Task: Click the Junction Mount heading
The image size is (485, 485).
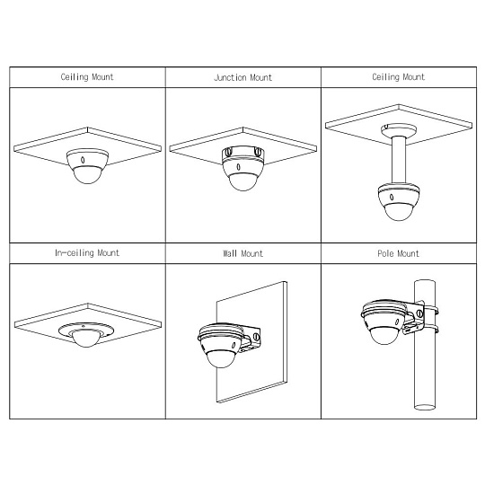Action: click(x=242, y=77)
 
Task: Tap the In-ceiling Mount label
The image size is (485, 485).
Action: click(x=87, y=253)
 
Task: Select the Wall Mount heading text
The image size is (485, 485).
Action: click(x=242, y=253)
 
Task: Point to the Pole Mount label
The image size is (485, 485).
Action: click(x=399, y=253)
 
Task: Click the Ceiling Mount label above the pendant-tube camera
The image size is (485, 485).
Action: click(x=399, y=77)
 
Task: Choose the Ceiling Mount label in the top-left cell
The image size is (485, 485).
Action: click(x=87, y=77)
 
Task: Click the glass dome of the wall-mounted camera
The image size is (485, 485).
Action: click(x=222, y=358)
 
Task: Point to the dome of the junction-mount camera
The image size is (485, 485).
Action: click(x=243, y=181)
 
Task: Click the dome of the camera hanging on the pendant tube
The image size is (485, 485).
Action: click(x=399, y=212)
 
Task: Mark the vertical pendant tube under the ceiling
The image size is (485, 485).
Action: click(x=399, y=161)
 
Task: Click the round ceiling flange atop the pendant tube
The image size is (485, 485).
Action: click(x=399, y=129)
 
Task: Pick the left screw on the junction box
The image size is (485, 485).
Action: click(x=228, y=152)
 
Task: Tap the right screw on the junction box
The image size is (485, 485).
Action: click(x=258, y=151)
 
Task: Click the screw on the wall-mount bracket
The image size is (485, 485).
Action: click(x=256, y=337)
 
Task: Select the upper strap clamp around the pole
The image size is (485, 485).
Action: click(x=430, y=310)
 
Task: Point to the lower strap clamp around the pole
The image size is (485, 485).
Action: click(x=430, y=329)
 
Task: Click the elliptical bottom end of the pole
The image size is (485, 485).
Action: click(x=425, y=407)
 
